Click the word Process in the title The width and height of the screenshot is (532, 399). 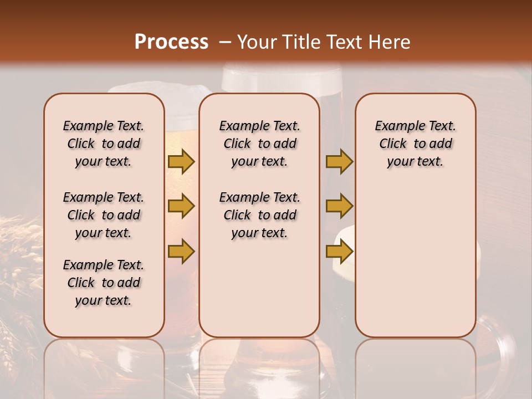171,42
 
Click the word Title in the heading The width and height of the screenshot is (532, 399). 299,42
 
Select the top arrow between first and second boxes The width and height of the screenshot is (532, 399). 181,162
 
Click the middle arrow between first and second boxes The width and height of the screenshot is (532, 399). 181,206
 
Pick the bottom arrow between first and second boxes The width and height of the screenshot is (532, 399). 181,252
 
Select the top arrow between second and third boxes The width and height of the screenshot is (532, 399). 339,162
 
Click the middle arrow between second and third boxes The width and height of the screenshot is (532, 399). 339,206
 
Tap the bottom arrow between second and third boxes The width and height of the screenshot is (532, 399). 339,252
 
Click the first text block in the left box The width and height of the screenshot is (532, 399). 104,144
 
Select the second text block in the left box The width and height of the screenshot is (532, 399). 104,215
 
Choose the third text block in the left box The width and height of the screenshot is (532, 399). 104,283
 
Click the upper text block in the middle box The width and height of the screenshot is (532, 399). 259,144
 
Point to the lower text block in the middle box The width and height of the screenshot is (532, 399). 259,215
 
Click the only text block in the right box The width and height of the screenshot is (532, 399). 416,144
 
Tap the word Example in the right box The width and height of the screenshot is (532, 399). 395,126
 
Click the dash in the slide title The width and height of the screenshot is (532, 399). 224,42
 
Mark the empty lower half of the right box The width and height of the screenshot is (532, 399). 416,266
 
